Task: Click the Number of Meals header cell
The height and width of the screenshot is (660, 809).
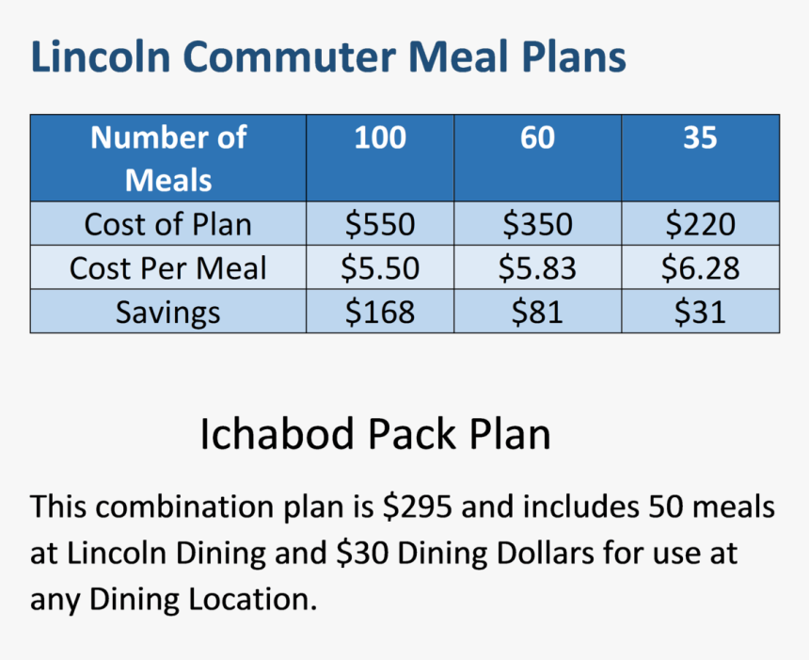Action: [168, 158]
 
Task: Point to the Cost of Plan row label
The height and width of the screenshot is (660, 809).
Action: [167, 224]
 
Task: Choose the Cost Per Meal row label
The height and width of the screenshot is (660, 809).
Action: [167, 268]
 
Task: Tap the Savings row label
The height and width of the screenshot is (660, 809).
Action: [167, 313]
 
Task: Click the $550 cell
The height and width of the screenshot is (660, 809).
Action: [380, 224]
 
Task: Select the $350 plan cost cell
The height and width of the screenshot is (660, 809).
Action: [538, 224]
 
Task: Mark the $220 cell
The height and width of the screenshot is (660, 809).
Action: [700, 224]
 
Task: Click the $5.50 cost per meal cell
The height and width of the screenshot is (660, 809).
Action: [380, 268]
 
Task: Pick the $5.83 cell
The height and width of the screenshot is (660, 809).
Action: [538, 268]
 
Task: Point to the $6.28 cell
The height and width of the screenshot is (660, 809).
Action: [700, 268]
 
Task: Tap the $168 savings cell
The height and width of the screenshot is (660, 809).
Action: [380, 313]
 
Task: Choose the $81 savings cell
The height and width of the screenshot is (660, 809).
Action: [538, 313]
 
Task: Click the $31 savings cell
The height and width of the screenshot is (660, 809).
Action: [700, 313]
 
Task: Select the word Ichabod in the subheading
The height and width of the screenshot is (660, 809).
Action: [278, 434]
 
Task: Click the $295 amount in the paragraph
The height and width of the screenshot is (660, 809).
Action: [418, 507]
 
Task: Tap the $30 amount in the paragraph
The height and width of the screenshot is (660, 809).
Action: [362, 553]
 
